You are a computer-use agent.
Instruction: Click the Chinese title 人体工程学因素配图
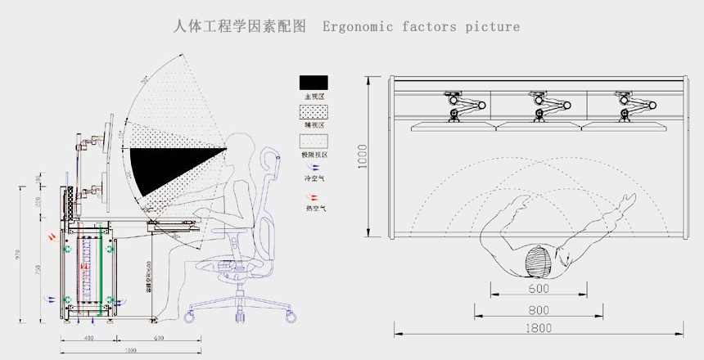[240, 26]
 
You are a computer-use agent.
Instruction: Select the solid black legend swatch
[314, 83]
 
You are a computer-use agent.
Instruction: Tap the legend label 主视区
[314, 97]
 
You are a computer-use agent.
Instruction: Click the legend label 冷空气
[314, 178]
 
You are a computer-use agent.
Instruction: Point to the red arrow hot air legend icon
[312, 196]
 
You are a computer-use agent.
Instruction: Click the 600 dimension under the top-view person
[538, 289]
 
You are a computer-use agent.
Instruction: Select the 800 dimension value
[538, 310]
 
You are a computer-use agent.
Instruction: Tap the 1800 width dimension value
[538, 329]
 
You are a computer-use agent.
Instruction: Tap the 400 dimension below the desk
[88, 338]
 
